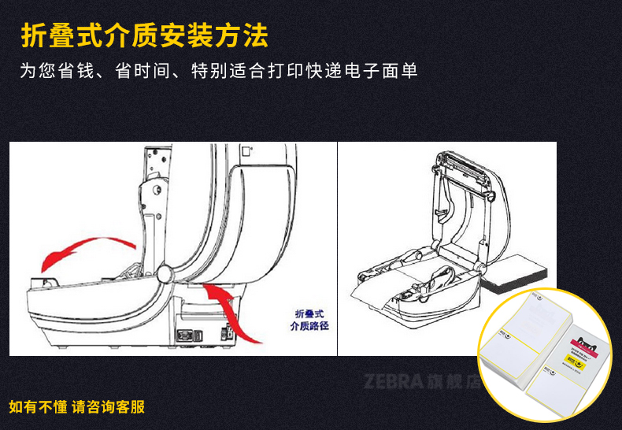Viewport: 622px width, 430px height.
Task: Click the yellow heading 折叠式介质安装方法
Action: (x=144, y=35)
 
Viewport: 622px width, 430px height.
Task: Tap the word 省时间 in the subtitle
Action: (x=142, y=72)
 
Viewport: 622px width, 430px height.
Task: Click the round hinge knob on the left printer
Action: (x=167, y=274)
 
